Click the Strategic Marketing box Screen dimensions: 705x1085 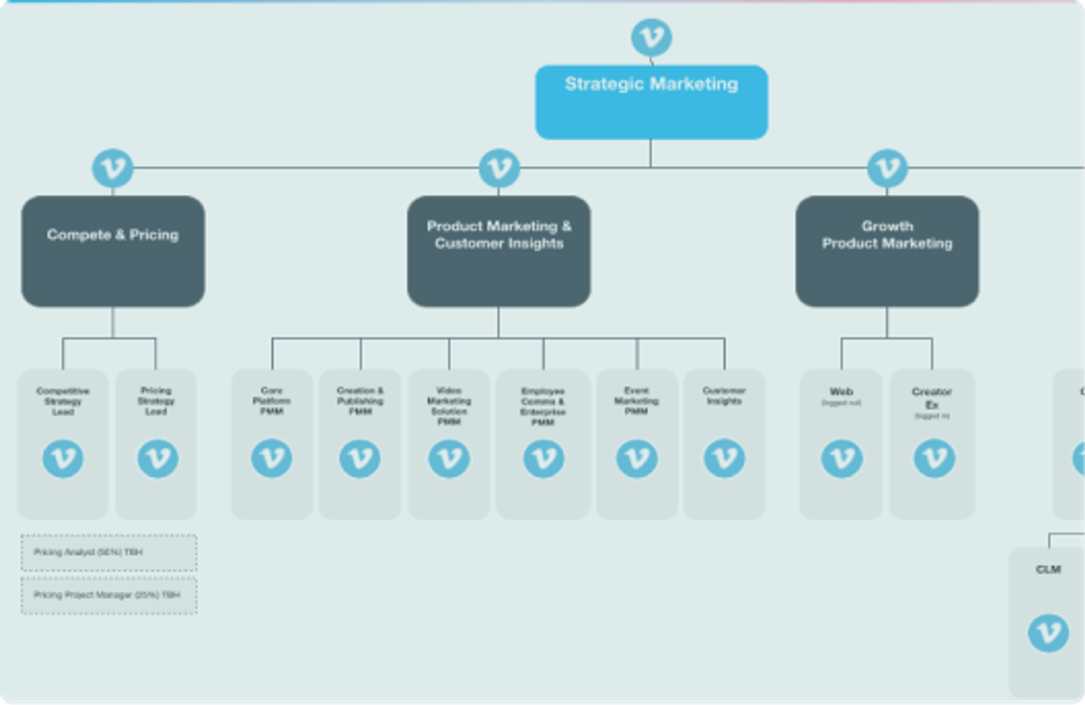651,102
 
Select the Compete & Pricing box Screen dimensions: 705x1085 113,251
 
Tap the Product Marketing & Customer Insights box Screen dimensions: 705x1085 499,251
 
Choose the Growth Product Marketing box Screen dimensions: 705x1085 887,251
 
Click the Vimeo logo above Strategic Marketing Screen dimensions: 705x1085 651,37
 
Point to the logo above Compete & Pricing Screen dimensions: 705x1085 113,168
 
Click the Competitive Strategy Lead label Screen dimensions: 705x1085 63,401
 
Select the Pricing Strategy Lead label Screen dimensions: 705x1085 156,401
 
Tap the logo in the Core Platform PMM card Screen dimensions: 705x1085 272,458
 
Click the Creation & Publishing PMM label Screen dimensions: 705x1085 360,401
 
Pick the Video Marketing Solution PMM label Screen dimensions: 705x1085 449,406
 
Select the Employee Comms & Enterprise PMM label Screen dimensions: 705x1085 542,407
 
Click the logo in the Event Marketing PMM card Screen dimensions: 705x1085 637,458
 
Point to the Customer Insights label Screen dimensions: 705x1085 724,396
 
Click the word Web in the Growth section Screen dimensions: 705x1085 841,392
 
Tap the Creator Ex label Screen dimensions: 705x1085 932,398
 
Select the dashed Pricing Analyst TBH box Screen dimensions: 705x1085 109,553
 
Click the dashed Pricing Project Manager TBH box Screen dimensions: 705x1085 109,595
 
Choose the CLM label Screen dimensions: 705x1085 1048,569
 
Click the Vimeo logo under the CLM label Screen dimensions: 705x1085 1048,633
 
